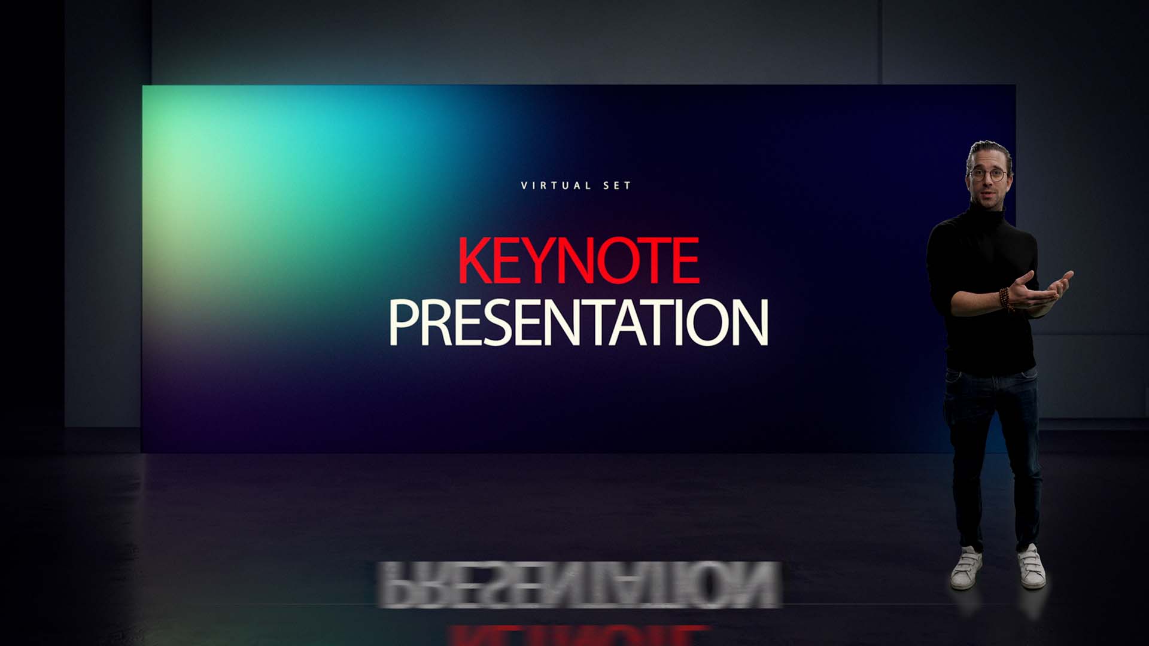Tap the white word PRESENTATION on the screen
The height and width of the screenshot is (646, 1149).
578,323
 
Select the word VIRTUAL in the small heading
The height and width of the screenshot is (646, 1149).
556,185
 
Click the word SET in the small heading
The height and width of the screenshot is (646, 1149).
617,185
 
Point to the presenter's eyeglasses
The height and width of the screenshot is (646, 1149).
988,175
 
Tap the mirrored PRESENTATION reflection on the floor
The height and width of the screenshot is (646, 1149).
578,584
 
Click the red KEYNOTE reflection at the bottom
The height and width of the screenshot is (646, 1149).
578,635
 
